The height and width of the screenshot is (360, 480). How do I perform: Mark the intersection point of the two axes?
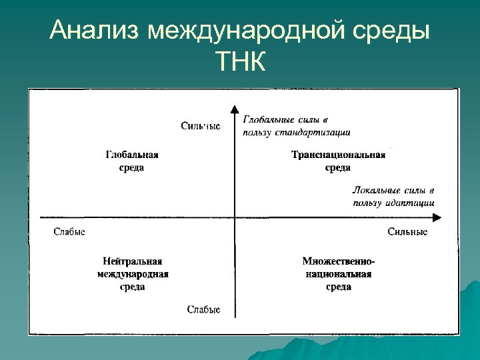(x=234, y=217)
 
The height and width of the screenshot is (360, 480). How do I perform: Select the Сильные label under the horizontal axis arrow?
(x=407, y=232)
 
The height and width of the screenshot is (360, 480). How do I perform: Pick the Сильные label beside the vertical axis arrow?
(x=200, y=126)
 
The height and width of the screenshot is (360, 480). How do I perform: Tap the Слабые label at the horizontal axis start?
(x=69, y=232)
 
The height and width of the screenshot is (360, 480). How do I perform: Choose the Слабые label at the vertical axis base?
(x=203, y=309)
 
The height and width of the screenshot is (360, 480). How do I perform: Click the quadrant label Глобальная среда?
(x=131, y=161)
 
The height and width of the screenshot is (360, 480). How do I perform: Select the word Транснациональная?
(x=338, y=155)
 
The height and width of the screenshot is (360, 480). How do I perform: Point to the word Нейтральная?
(x=132, y=261)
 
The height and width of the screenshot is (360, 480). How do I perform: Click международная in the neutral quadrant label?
(x=132, y=274)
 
